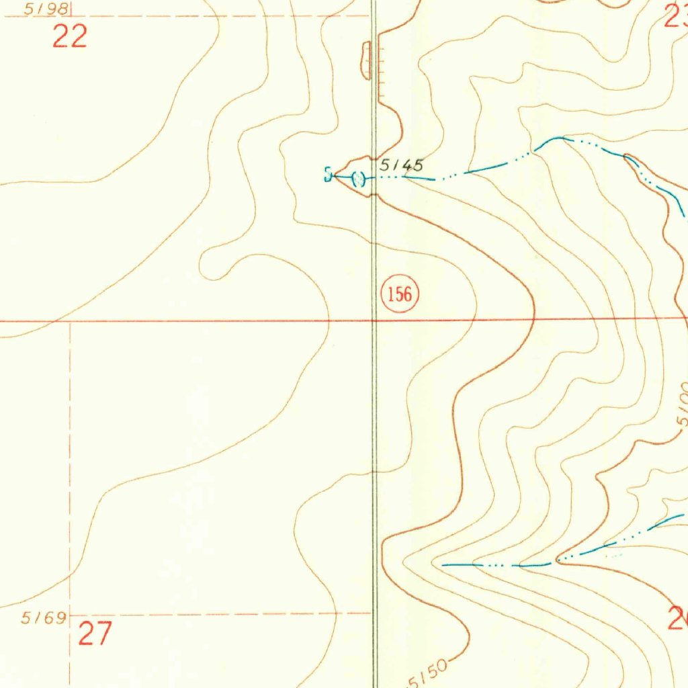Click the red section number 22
coord(70,37)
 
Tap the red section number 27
coord(95,634)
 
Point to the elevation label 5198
coord(46,9)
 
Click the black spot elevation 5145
coord(402,165)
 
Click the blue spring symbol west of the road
coord(328,175)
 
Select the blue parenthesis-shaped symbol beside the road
coord(358,179)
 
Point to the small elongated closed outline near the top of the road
coord(366,60)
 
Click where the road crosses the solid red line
coord(374,320)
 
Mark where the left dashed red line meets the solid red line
coord(70,321)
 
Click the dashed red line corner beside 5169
coord(70,614)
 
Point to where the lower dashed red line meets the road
coord(373,613)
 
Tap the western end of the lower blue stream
coord(443,565)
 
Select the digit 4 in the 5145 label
coord(410,165)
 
